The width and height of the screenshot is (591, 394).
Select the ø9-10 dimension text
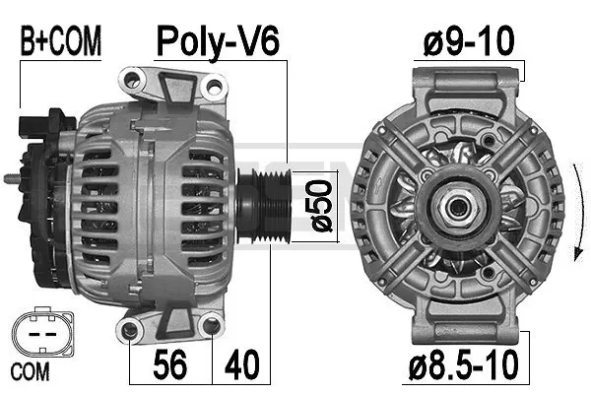coord(470,42)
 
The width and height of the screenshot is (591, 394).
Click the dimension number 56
coord(171,365)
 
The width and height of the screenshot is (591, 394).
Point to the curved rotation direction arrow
coord(568,207)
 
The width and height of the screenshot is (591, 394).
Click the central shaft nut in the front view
coord(457,206)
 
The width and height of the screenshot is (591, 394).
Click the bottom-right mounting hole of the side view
coord(210,328)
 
